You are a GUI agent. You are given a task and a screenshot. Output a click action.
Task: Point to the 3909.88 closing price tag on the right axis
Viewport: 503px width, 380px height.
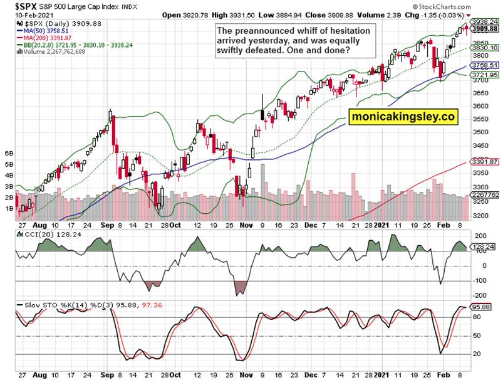click(485, 29)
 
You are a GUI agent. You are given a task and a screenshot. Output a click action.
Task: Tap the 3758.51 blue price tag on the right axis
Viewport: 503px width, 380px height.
click(485, 65)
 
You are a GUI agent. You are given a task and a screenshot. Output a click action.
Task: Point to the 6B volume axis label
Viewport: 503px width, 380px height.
click(9, 153)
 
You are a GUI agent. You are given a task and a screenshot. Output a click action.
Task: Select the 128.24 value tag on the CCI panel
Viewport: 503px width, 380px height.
click(484, 247)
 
